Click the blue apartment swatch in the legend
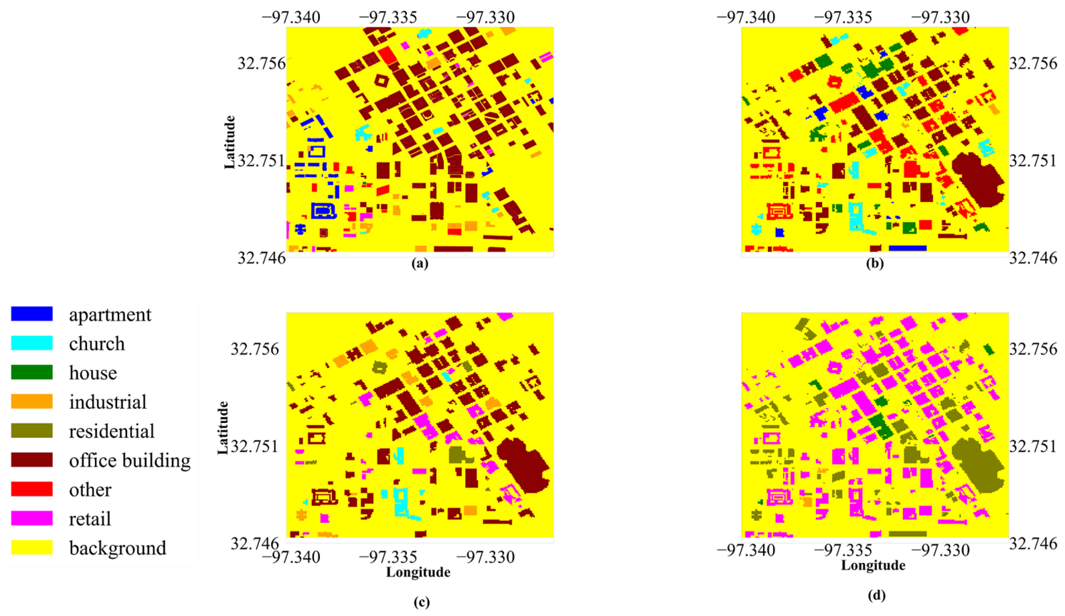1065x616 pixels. coord(32,314)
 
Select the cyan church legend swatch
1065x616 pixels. coord(32,343)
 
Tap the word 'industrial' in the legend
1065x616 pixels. coord(108,402)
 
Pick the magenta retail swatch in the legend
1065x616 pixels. coord(32,518)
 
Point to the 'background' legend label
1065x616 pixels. coord(117,548)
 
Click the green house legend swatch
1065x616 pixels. coord(32,372)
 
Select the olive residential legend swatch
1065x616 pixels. coord(32,430)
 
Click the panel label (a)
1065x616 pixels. coord(420,264)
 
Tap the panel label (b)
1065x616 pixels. coord(874,264)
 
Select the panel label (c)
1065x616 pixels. coord(422,602)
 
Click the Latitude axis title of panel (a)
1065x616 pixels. coord(229,142)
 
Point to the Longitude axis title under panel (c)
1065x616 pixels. coord(418,572)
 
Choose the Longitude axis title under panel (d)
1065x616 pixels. coord(873,566)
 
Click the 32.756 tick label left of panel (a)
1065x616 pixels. coord(261,64)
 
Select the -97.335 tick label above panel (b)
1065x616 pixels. coord(843,17)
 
